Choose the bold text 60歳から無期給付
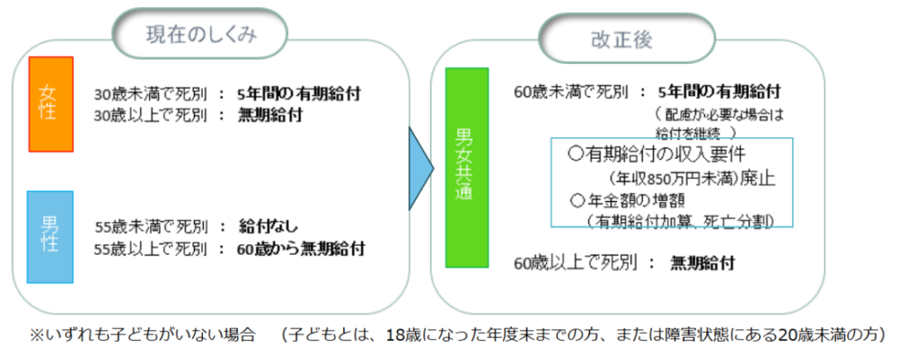[300, 248]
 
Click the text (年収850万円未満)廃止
[687, 179]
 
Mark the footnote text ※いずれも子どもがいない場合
[140, 335]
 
